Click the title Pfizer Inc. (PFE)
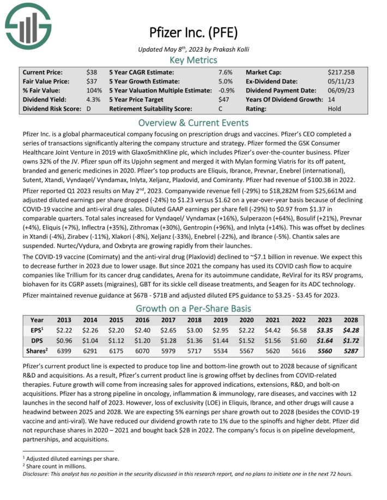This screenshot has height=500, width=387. (x=193, y=33)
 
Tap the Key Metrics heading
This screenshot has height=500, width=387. (x=193, y=60)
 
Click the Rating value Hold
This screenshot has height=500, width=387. (x=335, y=109)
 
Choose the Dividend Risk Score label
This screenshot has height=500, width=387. (x=50, y=109)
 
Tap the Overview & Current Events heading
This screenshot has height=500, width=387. (x=193, y=122)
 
